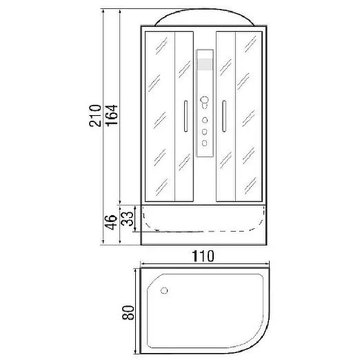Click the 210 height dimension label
coord(95,116)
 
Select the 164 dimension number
coord(112,115)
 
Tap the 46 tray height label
coord(111,222)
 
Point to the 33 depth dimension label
coord(127,219)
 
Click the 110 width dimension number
coord(203,256)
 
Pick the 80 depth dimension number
coord(128,312)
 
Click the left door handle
coord(186,116)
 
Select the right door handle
coord(223,116)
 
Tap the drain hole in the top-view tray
coord(164,291)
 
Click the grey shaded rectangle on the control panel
coord(205,64)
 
